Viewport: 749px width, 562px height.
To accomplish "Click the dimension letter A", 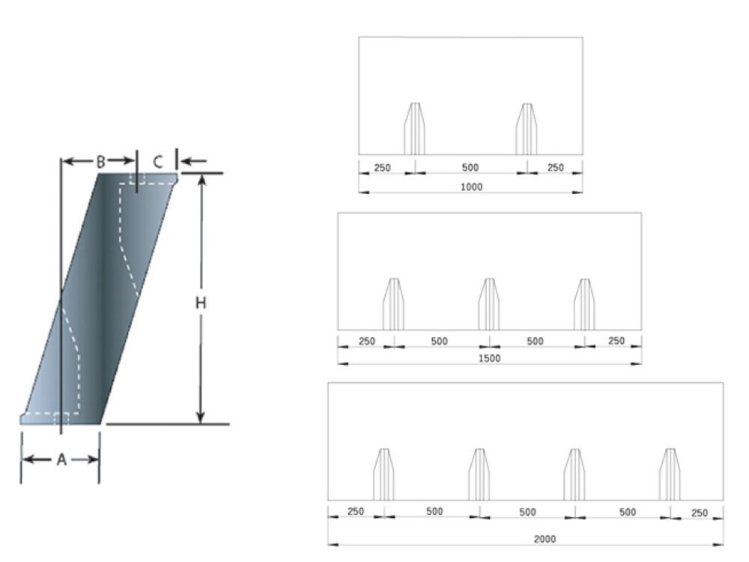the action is click(x=61, y=460).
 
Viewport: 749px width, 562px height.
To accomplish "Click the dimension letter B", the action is click(x=101, y=162).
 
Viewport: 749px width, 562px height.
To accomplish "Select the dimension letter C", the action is click(x=158, y=162).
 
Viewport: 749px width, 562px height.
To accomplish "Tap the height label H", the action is click(x=201, y=303).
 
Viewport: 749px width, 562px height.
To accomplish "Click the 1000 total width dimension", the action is click(x=471, y=187).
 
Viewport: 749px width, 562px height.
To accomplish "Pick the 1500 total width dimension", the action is click(x=490, y=358).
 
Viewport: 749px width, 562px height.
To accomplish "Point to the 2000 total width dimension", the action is click(x=545, y=539).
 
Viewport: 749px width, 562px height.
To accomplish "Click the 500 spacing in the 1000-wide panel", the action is click(x=470, y=168).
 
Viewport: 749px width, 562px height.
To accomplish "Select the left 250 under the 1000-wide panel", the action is click(x=382, y=168).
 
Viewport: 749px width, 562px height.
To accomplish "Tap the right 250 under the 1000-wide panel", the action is click(x=556, y=168).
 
